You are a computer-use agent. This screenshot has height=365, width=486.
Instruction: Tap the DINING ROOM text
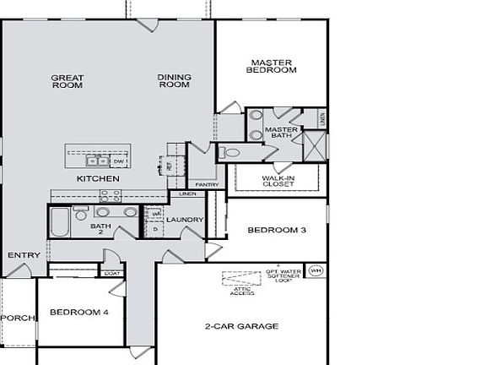pyautogui.click(x=175, y=81)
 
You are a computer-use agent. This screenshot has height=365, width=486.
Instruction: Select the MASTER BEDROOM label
pyautogui.click(x=272, y=66)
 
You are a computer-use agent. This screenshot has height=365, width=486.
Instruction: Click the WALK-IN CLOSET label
pyautogui.click(x=277, y=181)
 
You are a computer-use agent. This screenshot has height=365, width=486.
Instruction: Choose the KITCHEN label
pyautogui.click(x=98, y=179)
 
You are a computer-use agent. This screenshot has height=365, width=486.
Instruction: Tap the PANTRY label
pyautogui.click(x=207, y=185)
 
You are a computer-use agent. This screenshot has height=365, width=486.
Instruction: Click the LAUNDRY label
pyautogui.click(x=185, y=221)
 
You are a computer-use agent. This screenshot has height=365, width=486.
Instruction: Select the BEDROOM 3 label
pyautogui.click(x=276, y=230)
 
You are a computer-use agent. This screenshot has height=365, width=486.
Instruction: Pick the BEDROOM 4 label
pyautogui.click(x=79, y=312)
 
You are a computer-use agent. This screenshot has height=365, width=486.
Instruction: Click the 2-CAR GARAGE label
pyautogui.click(x=241, y=326)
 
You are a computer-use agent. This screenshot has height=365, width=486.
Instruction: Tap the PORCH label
pyautogui.click(x=16, y=319)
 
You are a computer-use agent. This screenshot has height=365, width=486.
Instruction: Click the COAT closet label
pyautogui.click(x=111, y=273)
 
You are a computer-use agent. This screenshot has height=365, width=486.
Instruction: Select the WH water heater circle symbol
pyautogui.click(x=316, y=271)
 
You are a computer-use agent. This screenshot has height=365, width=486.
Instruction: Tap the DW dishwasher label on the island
pyautogui.click(x=119, y=161)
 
